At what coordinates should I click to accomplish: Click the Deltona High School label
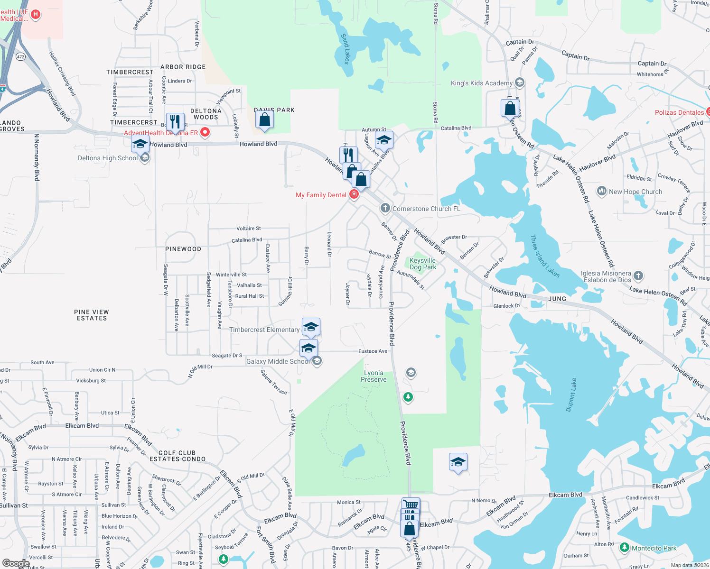pyautogui.click(x=108, y=158)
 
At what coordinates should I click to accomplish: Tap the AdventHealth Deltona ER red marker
pyautogui.click(x=205, y=132)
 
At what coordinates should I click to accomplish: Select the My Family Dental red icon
pyautogui.click(x=354, y=194)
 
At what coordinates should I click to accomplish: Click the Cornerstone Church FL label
pyautogui.click(x=426, y=209)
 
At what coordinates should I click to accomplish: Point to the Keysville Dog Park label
pyautogui.click(x=422, y=264)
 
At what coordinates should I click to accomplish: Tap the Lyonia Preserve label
pyautogui.click(x=374, y=376)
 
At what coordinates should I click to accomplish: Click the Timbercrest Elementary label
pyautogui.click(x=264, y=330)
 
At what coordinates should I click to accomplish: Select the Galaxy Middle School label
pyautogui.click(x=278, y=361)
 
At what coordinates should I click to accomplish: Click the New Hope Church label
pyautogui.click(x=635, y=192)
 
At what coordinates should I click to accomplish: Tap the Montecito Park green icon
pyautogui.click(x=625, y=548)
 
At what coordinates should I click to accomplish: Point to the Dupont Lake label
pyautogui.click(x=571, y=395)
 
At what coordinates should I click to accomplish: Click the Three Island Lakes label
pyautogui.click(x=545, y=256)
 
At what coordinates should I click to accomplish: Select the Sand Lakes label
pyautogui.click(x=346, y=49)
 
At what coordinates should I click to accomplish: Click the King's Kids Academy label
pyautogui.click(x=481, y=83)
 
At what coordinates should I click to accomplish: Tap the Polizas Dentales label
pyautogui.click(x=679, y=112)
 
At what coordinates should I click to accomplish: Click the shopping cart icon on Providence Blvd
pyautogui.click(x=411, y=505)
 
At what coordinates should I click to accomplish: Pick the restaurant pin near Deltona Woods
pyautogui.click(x=175, y=121)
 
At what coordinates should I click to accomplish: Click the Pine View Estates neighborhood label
pyautogui.click(x=92, y=315)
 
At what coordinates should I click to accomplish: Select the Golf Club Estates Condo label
pyautogui.click(x=177, y=456)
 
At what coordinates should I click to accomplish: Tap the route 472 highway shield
pyautogui.click(x=20, y=57)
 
